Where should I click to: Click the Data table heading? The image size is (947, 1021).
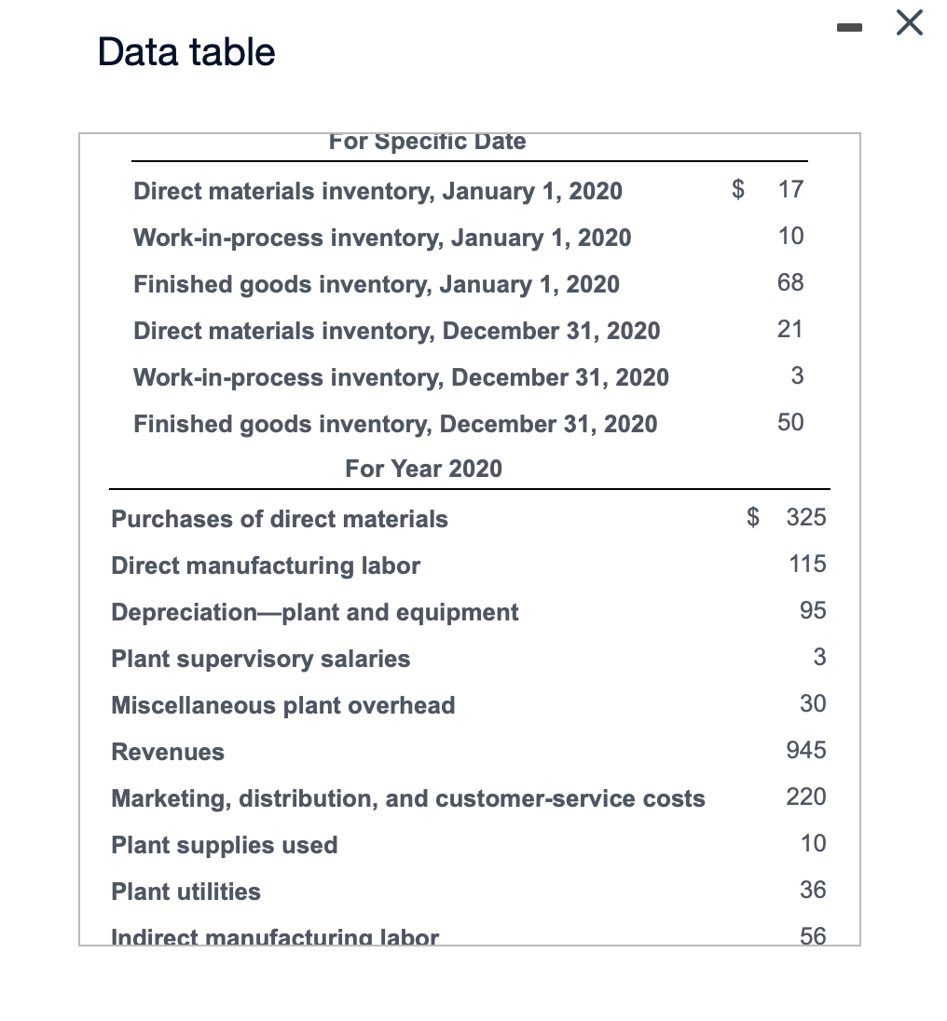coord(186,52)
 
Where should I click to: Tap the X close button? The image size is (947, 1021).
coord(910,24)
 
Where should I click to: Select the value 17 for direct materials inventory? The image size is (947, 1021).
coord(790,190)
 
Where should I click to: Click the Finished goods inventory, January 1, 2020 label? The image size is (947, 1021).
coord(377,284)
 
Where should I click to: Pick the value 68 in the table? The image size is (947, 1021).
coord(790,282)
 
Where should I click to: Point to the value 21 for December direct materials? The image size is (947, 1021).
coord(790,329)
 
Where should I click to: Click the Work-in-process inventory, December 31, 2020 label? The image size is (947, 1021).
coord(401,377)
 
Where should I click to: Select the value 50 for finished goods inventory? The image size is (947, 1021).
coord(790,422)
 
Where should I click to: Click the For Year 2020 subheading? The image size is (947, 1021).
coord(423,469)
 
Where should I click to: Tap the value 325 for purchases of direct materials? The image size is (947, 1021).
coord(806,517)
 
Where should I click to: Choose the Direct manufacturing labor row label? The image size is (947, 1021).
coord(266,565)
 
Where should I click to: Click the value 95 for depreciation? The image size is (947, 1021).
coord(813,610)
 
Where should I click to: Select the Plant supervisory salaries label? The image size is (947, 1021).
coord(260,659)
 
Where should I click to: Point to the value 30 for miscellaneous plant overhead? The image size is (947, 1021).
coord(813,703)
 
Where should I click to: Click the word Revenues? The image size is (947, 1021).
coord(168,752)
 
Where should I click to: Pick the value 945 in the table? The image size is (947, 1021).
coord(806,750)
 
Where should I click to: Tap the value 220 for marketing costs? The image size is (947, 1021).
coord(806,796)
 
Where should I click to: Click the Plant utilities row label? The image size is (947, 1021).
coord(185,892)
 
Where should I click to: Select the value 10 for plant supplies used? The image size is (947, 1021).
coord(813,843)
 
